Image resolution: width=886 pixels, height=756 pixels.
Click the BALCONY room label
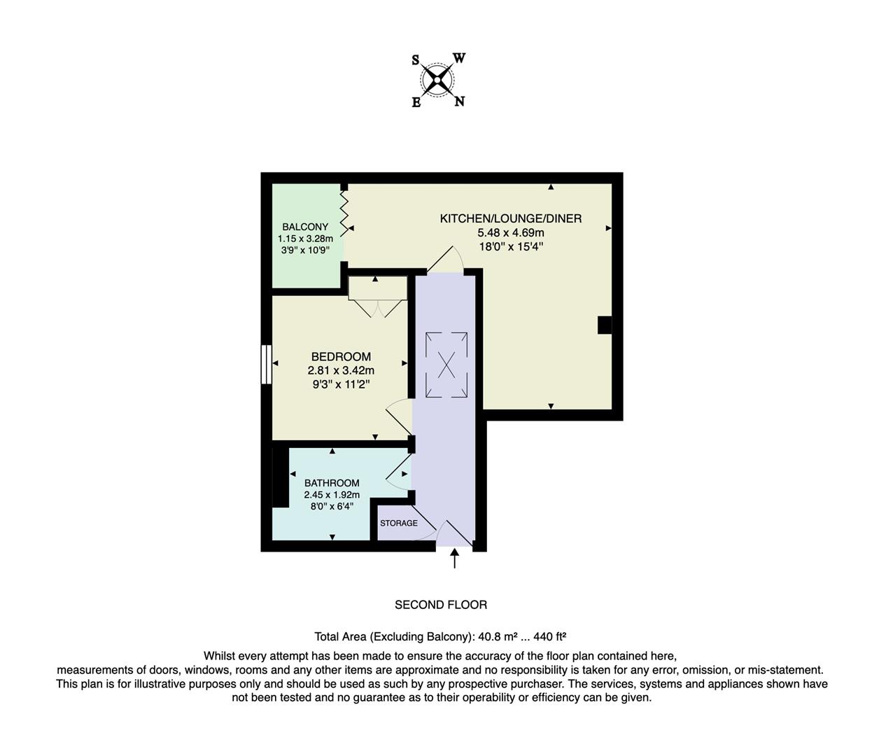point(305,227)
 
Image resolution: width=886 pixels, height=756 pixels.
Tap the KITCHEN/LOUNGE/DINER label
point(510,218)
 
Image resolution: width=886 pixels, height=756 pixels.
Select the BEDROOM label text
point(341,357)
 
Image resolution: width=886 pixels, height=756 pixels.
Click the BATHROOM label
point(332,483)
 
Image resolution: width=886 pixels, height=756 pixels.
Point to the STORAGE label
point(398,524)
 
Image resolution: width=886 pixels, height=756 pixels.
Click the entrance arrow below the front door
point(455,558)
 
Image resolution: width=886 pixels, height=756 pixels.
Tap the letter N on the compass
point(460,101)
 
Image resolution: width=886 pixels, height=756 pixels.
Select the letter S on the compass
point(416,60)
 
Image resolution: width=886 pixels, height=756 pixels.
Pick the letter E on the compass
point(416,102)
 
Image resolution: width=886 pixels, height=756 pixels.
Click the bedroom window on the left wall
point(267,364)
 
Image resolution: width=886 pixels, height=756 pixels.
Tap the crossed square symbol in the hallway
point(446,365)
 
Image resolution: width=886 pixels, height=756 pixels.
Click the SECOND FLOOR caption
point(441,605)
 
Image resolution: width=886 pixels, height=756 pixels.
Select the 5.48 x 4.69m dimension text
point(510,232)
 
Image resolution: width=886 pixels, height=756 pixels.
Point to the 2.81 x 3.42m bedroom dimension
point(341,371)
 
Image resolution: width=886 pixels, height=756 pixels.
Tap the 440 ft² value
point(549,637)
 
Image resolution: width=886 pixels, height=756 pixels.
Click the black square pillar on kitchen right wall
point(605,325)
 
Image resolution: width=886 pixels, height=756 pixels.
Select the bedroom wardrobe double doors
point(377,308)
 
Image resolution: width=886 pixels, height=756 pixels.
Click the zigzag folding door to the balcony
point(344,210)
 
